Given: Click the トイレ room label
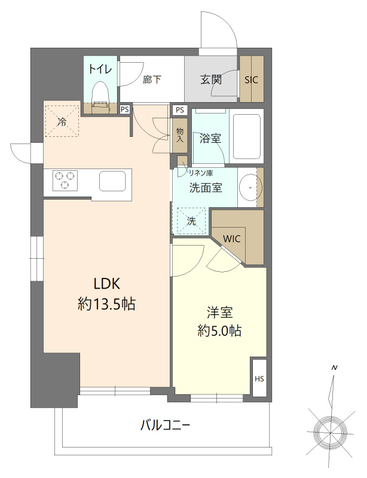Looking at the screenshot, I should [100, 68].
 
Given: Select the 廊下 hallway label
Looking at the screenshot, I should [152, 79].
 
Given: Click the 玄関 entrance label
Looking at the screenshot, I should [210, 79].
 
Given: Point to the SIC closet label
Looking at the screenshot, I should [252, 79].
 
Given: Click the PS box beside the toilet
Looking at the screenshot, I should [124, 109].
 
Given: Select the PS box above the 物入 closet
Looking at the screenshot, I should [180, 110].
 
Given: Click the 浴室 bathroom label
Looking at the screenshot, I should [210, 139].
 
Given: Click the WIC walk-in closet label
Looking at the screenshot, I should [232, 238].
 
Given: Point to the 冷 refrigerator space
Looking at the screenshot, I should [62, 120].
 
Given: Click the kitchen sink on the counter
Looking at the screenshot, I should [113, 180].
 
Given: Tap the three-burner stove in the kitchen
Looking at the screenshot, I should [66, 180].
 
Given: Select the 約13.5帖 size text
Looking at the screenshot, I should [106, 304].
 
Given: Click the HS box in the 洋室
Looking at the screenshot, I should [259, 378].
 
